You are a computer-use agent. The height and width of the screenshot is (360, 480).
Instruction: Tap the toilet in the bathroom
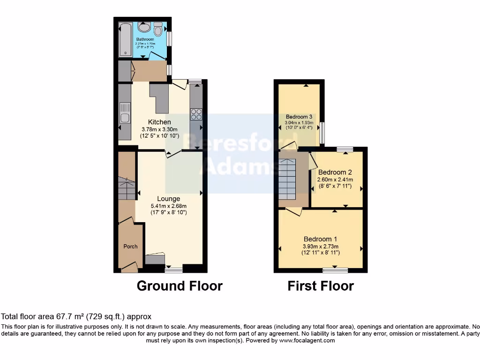(x=158, y=29)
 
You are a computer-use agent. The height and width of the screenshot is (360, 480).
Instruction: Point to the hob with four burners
(x=196, y=114)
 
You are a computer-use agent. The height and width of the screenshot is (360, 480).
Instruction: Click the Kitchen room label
(x=159, y=122)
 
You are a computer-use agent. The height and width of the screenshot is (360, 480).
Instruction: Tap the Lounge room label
(x=169, y=199)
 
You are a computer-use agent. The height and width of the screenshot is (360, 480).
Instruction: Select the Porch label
(x=130, y=247)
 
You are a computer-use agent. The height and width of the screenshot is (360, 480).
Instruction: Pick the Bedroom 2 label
(x=335, y=172)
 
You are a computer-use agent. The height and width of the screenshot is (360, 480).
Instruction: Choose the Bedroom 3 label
(x=299, y=117)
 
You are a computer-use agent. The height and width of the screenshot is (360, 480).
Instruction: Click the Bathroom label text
(x=145, y=39)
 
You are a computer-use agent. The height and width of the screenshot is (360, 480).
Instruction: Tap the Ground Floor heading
(x=180, y=285)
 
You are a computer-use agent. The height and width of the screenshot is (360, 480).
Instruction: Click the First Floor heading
(x=321, y=285)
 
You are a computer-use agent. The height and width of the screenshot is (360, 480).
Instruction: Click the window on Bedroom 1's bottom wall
(x=336, y=270)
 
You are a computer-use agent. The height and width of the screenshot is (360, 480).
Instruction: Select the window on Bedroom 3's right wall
(x=322, y=133)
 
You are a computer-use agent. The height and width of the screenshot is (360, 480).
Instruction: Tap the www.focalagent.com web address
(x=307, y=341)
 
